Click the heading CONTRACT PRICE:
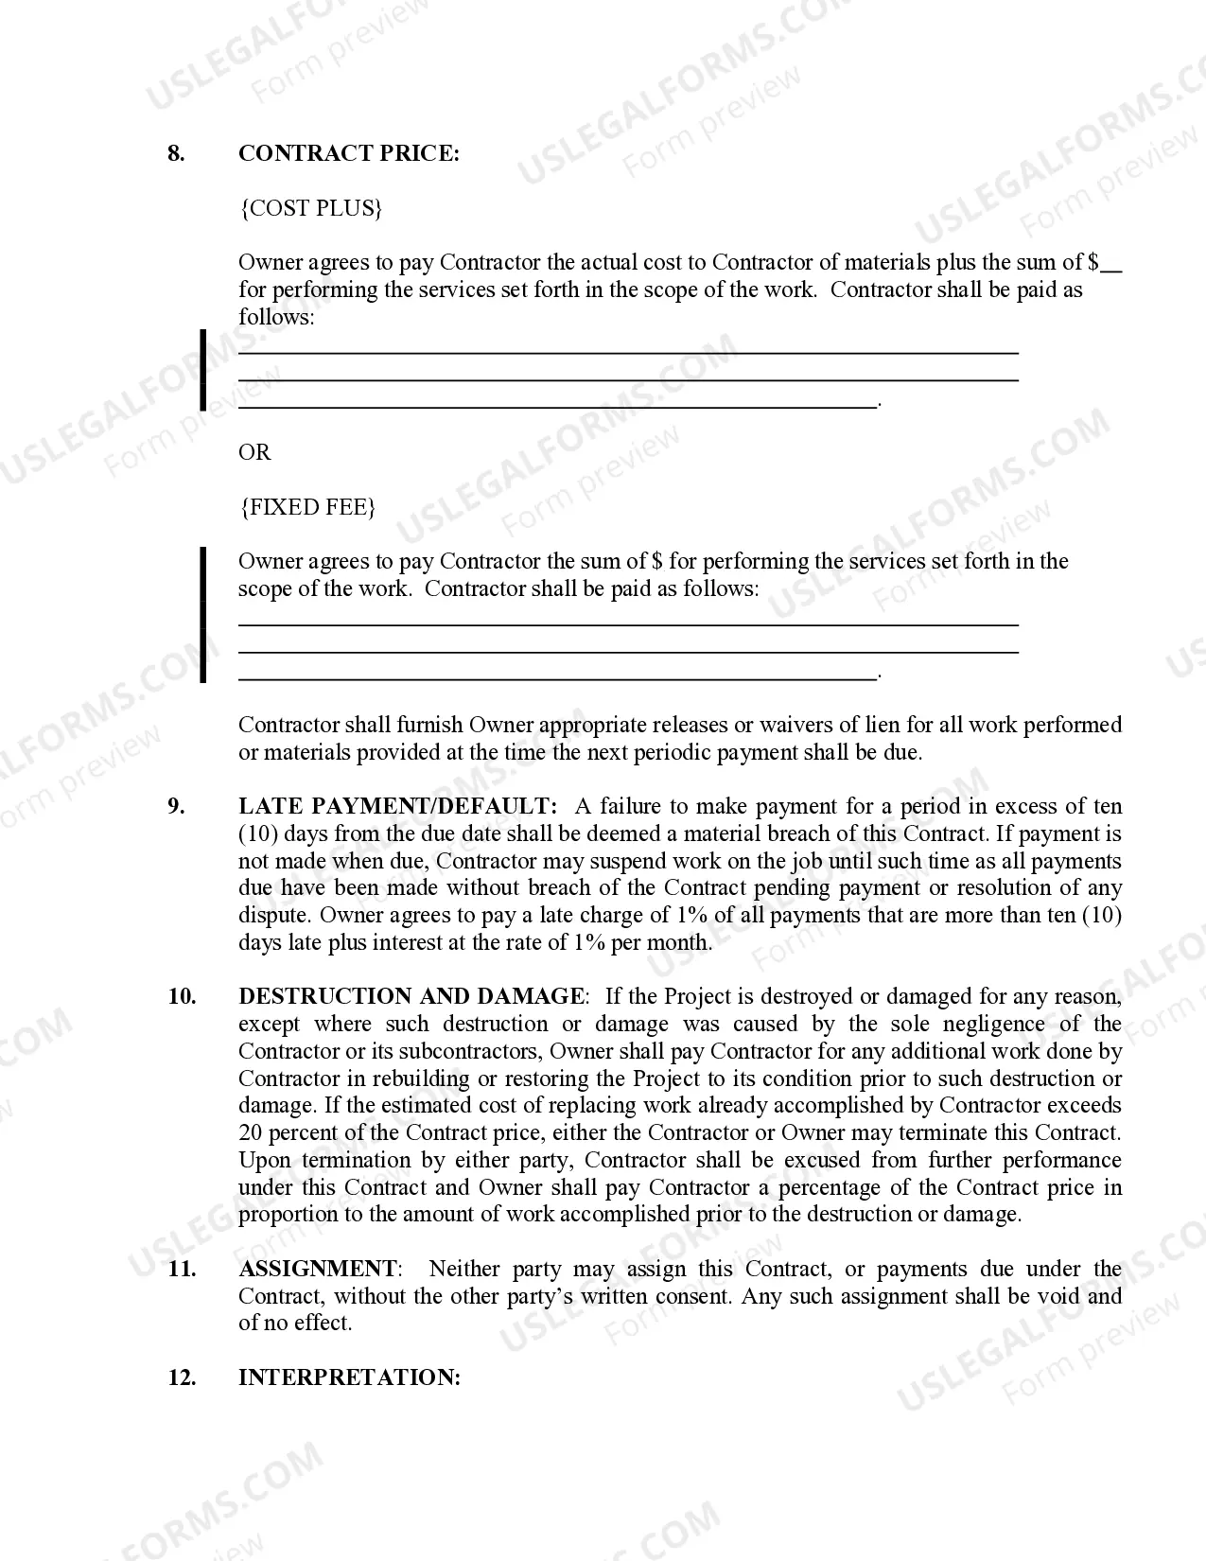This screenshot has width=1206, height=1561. point(348,154)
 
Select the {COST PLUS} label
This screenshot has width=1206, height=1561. point(310,208)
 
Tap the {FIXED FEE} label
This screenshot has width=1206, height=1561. point(307,507)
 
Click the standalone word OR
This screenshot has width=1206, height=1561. point(254,452)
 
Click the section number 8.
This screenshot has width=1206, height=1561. point(176,154)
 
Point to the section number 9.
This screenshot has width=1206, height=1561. point(176,806)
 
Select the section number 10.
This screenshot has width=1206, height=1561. point(182,996)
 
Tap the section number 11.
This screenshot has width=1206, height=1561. point(182,1269)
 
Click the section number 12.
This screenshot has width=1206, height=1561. point(182,1377)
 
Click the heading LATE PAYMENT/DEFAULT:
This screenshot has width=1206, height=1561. point(398,806)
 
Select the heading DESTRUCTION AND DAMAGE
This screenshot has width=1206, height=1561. point(411,996)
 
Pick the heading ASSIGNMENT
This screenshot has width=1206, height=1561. point(318,1269)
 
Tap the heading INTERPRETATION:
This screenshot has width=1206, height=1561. point(349,1377)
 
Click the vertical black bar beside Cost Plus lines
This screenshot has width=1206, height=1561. point(202,370)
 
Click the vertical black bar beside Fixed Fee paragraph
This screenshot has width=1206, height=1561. point(202,614)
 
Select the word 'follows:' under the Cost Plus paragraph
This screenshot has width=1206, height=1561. point(276,317)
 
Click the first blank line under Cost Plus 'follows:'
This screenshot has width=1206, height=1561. point(628,352)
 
